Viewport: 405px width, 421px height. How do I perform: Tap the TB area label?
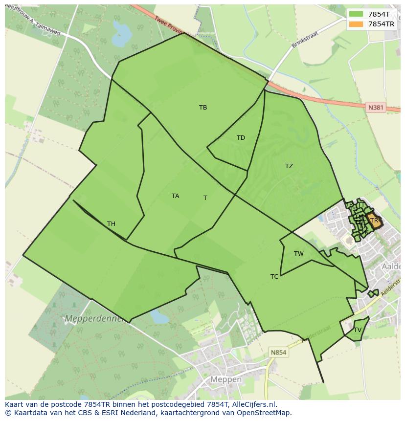coord(203,108)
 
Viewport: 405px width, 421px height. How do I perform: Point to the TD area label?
coord(241,138)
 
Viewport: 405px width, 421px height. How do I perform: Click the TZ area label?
coord(289,166)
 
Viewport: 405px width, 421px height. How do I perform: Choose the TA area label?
coord(175,196)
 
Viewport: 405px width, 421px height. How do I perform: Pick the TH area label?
coord(111,224)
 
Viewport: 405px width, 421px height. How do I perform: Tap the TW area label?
coord(299,253)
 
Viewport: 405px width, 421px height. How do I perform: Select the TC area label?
coord(274,277)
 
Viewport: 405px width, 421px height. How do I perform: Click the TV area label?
coord(358,330)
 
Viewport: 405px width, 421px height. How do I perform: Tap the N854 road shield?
coord(278,352)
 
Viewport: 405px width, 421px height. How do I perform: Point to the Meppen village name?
coord(226,379)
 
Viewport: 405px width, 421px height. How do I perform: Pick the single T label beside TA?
coord(205,198)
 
